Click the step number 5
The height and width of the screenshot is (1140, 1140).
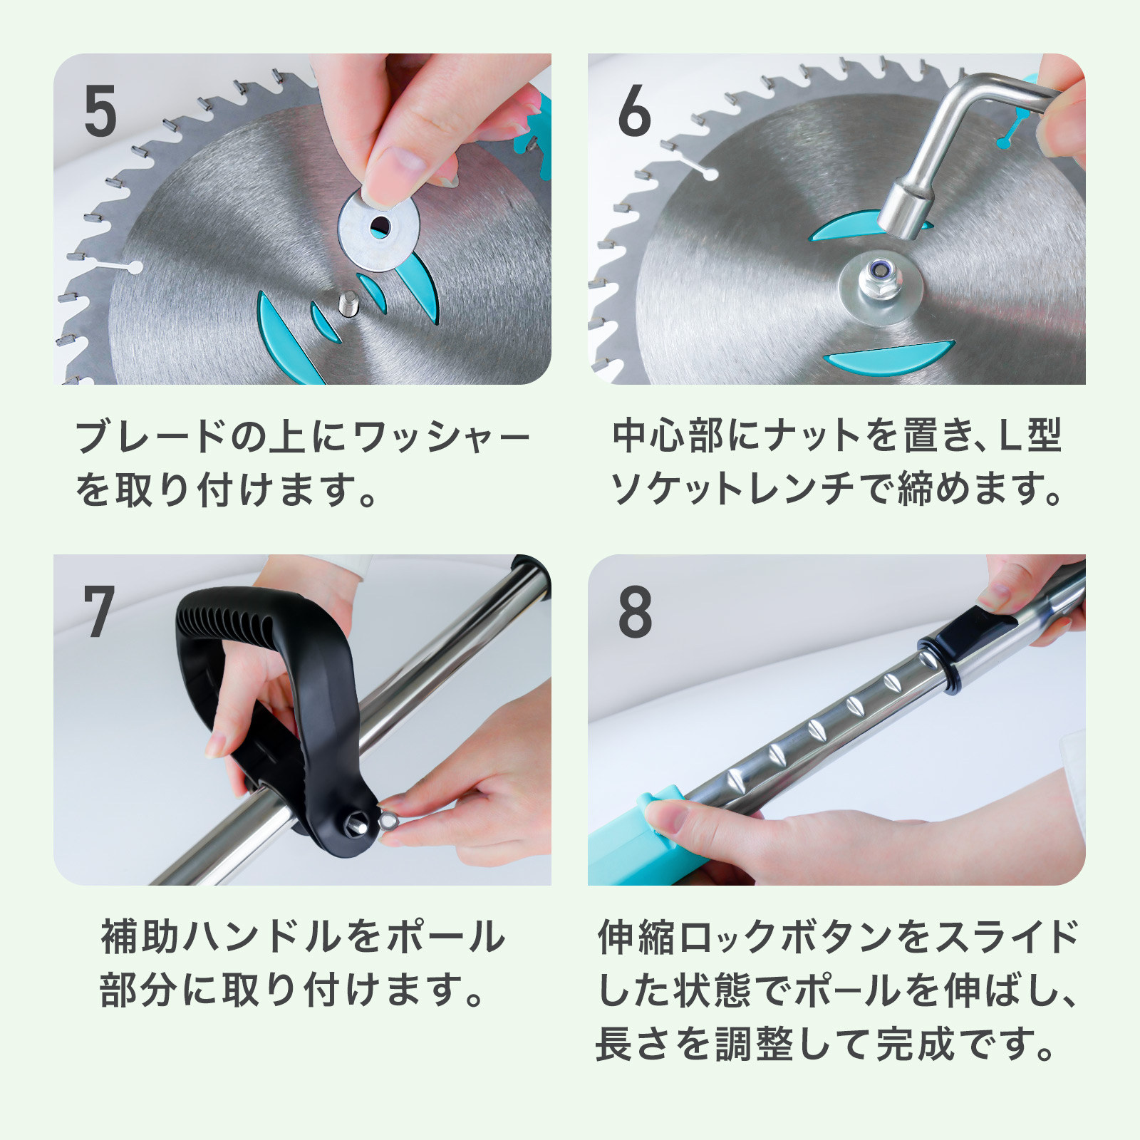(100, 111)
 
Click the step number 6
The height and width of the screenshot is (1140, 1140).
(634, 111)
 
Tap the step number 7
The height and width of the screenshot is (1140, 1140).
(98, 611)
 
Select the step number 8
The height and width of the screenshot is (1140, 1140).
(635, 611)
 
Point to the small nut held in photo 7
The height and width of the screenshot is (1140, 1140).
(388, 819)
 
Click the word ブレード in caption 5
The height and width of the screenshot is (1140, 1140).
(150, 437)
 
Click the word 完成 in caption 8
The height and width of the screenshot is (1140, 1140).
(915, 1045)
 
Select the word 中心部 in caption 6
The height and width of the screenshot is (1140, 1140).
(672, 435)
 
